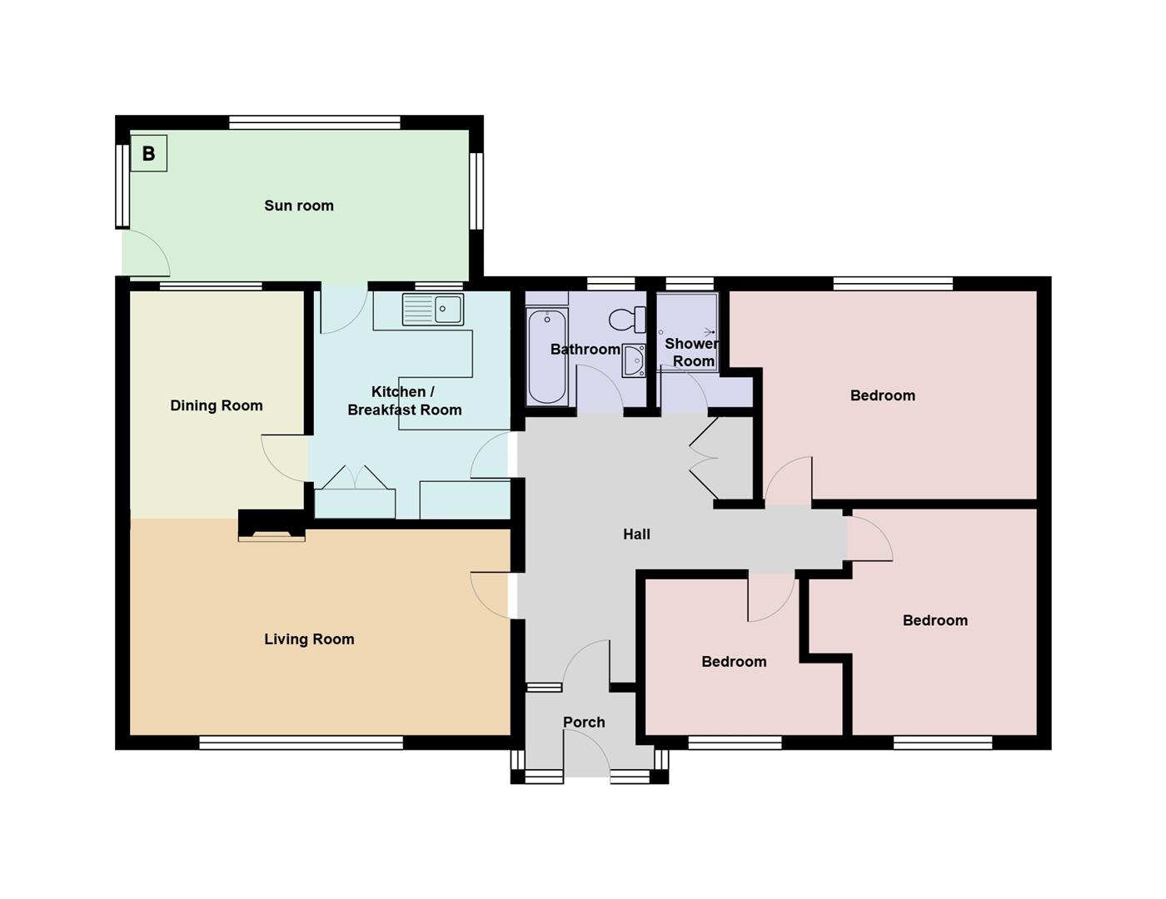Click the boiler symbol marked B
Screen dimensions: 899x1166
tap(149, 154)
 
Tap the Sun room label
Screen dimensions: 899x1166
tap(299, 206)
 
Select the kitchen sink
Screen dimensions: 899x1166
tap(433, 310)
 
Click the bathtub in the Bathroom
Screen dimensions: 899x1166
tap(547, 356)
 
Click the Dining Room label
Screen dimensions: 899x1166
tap(217, 405)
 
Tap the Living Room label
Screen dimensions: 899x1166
tap(309, 639)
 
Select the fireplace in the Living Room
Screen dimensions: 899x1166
tap(272, 527)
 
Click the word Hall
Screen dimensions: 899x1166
tap(636, 534)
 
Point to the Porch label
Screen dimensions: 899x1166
tap(584, 723)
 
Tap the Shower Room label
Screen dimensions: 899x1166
tap(693, 352)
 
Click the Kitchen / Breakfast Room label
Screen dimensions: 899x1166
tap(404, 400)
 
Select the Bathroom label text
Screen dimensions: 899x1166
tap(585, 350)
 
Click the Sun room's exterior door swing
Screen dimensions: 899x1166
tap(147, 253)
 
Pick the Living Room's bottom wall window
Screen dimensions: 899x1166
tap(301, 743)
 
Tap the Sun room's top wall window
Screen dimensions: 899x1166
tap(315, 122)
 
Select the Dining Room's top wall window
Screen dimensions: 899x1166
tap(211, 286)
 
